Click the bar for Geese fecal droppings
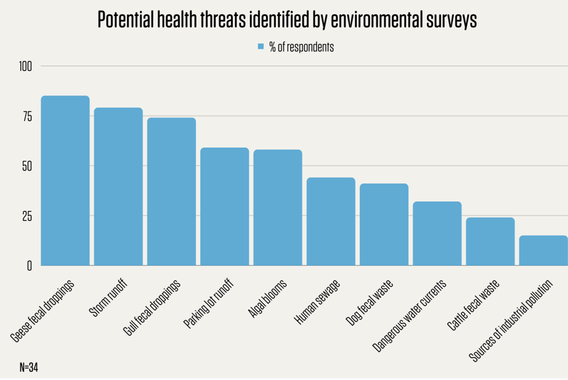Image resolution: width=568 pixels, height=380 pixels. click(65, 181)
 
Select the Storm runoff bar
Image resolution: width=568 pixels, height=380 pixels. click(118, 187)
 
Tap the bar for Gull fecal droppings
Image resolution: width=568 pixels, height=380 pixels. click(172, 191)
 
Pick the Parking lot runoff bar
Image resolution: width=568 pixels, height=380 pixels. click(224, 206)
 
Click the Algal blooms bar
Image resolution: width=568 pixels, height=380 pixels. click(278, 208)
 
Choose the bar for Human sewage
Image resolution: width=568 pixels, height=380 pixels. click(331, 222)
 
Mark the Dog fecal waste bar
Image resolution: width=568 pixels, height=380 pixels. click(384, 224)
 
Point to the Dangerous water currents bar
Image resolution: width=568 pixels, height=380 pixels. click(437, 233)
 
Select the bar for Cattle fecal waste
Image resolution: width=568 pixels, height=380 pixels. click(490, 241)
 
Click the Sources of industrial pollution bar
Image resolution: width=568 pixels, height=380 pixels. click(543, 251)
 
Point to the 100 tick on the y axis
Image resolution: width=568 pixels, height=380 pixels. click(25, 66)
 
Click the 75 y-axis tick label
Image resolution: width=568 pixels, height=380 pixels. click(27, 116)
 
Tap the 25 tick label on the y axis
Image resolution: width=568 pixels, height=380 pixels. click(27, 216)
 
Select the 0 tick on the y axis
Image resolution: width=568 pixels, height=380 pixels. click(29, 266)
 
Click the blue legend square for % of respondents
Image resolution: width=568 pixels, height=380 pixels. click(261, 46)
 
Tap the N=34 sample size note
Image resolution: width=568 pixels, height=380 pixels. click(29, 367)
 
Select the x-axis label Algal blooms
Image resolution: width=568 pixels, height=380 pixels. click(267, 299)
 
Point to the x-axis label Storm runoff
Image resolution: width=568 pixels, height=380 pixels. click(108, 298)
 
